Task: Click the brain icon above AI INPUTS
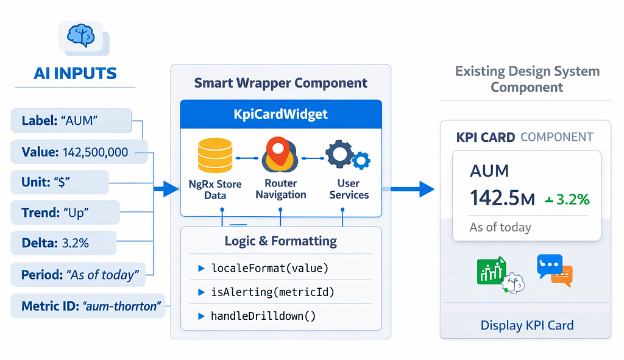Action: [x=81, y=35]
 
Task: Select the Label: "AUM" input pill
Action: [x=71, y=120]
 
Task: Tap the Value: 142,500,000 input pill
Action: [x=79, y=152]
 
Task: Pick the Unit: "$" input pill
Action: [x=60, y=182]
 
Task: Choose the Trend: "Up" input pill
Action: [x=65, y=213]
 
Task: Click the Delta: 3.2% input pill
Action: [x=63, y=242]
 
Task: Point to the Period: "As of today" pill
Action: [x=78, y=275]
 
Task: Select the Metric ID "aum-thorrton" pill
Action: [x=88, y=306]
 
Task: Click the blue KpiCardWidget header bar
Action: [x=281, y=114]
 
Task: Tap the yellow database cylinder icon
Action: [x=215, y=155]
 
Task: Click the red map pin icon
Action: [x=280, y=154]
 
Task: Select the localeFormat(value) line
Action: [x=269, y=268]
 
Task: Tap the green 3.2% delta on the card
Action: [x=567, y=199]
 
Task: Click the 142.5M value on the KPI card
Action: [x=502, y=198]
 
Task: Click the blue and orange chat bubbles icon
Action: [x=555, y=270]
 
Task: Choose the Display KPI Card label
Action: [x=527, y=325]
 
